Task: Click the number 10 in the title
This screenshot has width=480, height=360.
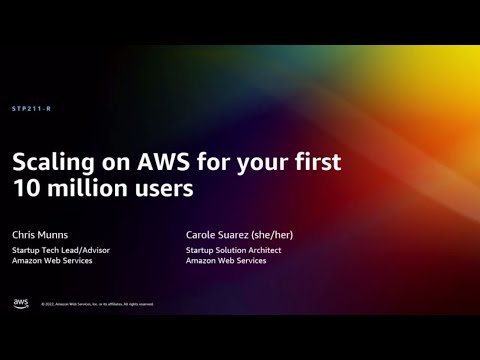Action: [x=24, y=188]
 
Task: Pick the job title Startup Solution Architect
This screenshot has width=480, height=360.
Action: [x=236, y=250]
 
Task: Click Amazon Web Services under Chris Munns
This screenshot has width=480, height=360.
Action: [x=52, y=261]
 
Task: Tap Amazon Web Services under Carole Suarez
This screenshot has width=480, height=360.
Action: [x=226, y=261]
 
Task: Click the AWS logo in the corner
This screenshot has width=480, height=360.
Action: [x=21, y=303]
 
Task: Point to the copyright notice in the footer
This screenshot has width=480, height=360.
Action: [x=97, y=304]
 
